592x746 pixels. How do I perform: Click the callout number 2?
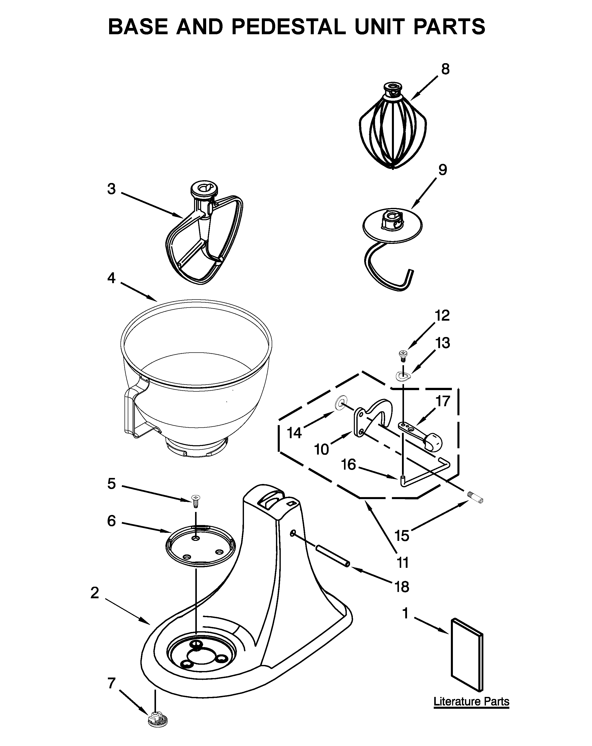click(x=95, y=593)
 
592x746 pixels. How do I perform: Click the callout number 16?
click(x=349, y=464)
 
